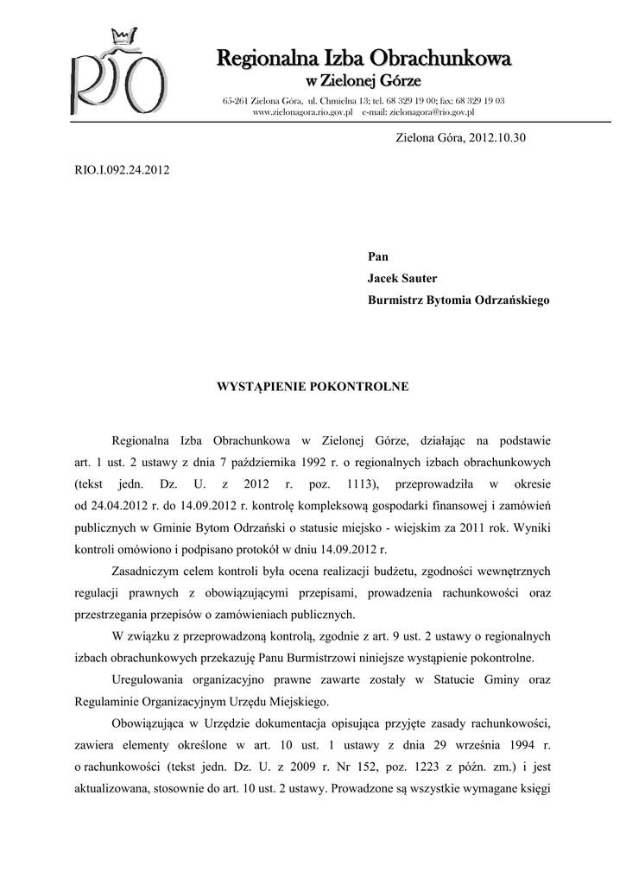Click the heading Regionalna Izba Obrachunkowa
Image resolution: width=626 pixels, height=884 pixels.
(364, 59)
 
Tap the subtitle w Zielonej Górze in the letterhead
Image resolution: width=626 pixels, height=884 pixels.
(364, 81)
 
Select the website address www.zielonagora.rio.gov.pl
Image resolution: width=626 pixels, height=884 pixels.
(302, 112)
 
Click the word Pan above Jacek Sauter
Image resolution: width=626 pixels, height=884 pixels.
(377, 256)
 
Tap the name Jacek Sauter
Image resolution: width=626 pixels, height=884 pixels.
(402, 278)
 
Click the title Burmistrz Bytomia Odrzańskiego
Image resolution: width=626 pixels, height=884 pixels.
(458, 300)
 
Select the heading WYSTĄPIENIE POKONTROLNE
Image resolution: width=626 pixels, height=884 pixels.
(313, 387)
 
